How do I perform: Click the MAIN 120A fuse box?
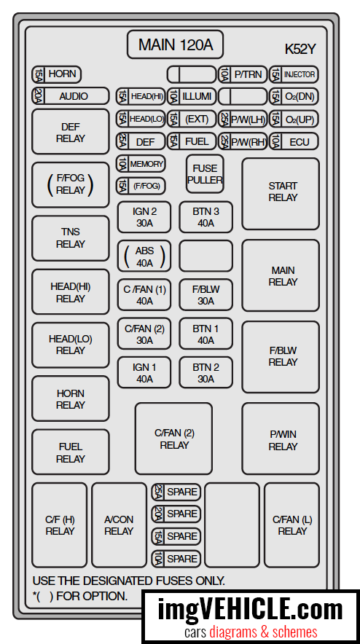[x=175, y=44]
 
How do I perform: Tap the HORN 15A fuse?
[x=57, y=74]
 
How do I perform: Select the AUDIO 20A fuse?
[x=71, y=96]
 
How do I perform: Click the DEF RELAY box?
[x=71, y=132]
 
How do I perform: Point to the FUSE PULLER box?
[x=205, y=174]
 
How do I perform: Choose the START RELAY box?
[x=281, y=194]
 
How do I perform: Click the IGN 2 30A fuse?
[x=144, y=217]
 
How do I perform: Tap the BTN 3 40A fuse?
[x=206, y=217]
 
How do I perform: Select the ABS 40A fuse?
[x=144, y=256]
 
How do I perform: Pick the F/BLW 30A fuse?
[x=206, y=295]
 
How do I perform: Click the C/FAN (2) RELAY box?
[x=174, y=439]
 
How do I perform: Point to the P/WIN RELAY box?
[x=281, y=439]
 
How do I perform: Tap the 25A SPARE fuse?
[x=176, y=492]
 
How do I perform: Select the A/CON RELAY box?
[x=120, y=525]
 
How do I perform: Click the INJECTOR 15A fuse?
[x=294, y=74]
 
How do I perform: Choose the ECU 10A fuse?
[x=294, y=142]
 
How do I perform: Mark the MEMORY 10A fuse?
[x=141, y=164]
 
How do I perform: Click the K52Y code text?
[x=300, y=50]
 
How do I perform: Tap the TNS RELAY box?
[x=71, y=238]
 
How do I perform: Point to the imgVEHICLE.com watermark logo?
[x=251, y=617]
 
